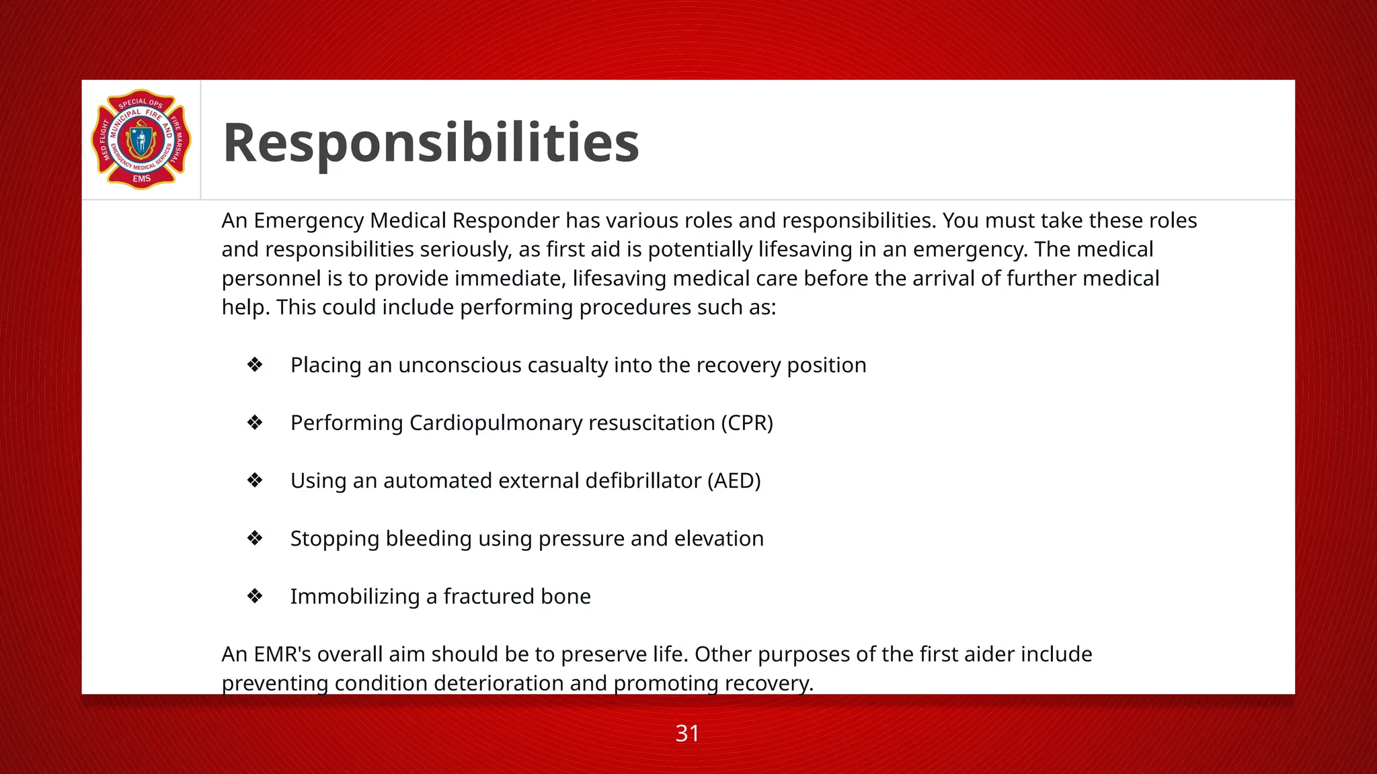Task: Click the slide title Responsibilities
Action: click(430, 142)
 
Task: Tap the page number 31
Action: click(687, 733)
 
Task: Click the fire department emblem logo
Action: click(141, 140)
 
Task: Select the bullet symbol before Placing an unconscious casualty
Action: click(255, 365)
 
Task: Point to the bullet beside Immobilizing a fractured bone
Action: click(255, 596)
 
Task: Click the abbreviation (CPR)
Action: click(747, 423)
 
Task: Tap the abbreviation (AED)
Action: click(734, 481)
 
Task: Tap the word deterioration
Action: click(500, 683)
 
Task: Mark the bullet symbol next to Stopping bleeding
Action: click(255, 538)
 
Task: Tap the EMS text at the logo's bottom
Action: click(141, 179)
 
